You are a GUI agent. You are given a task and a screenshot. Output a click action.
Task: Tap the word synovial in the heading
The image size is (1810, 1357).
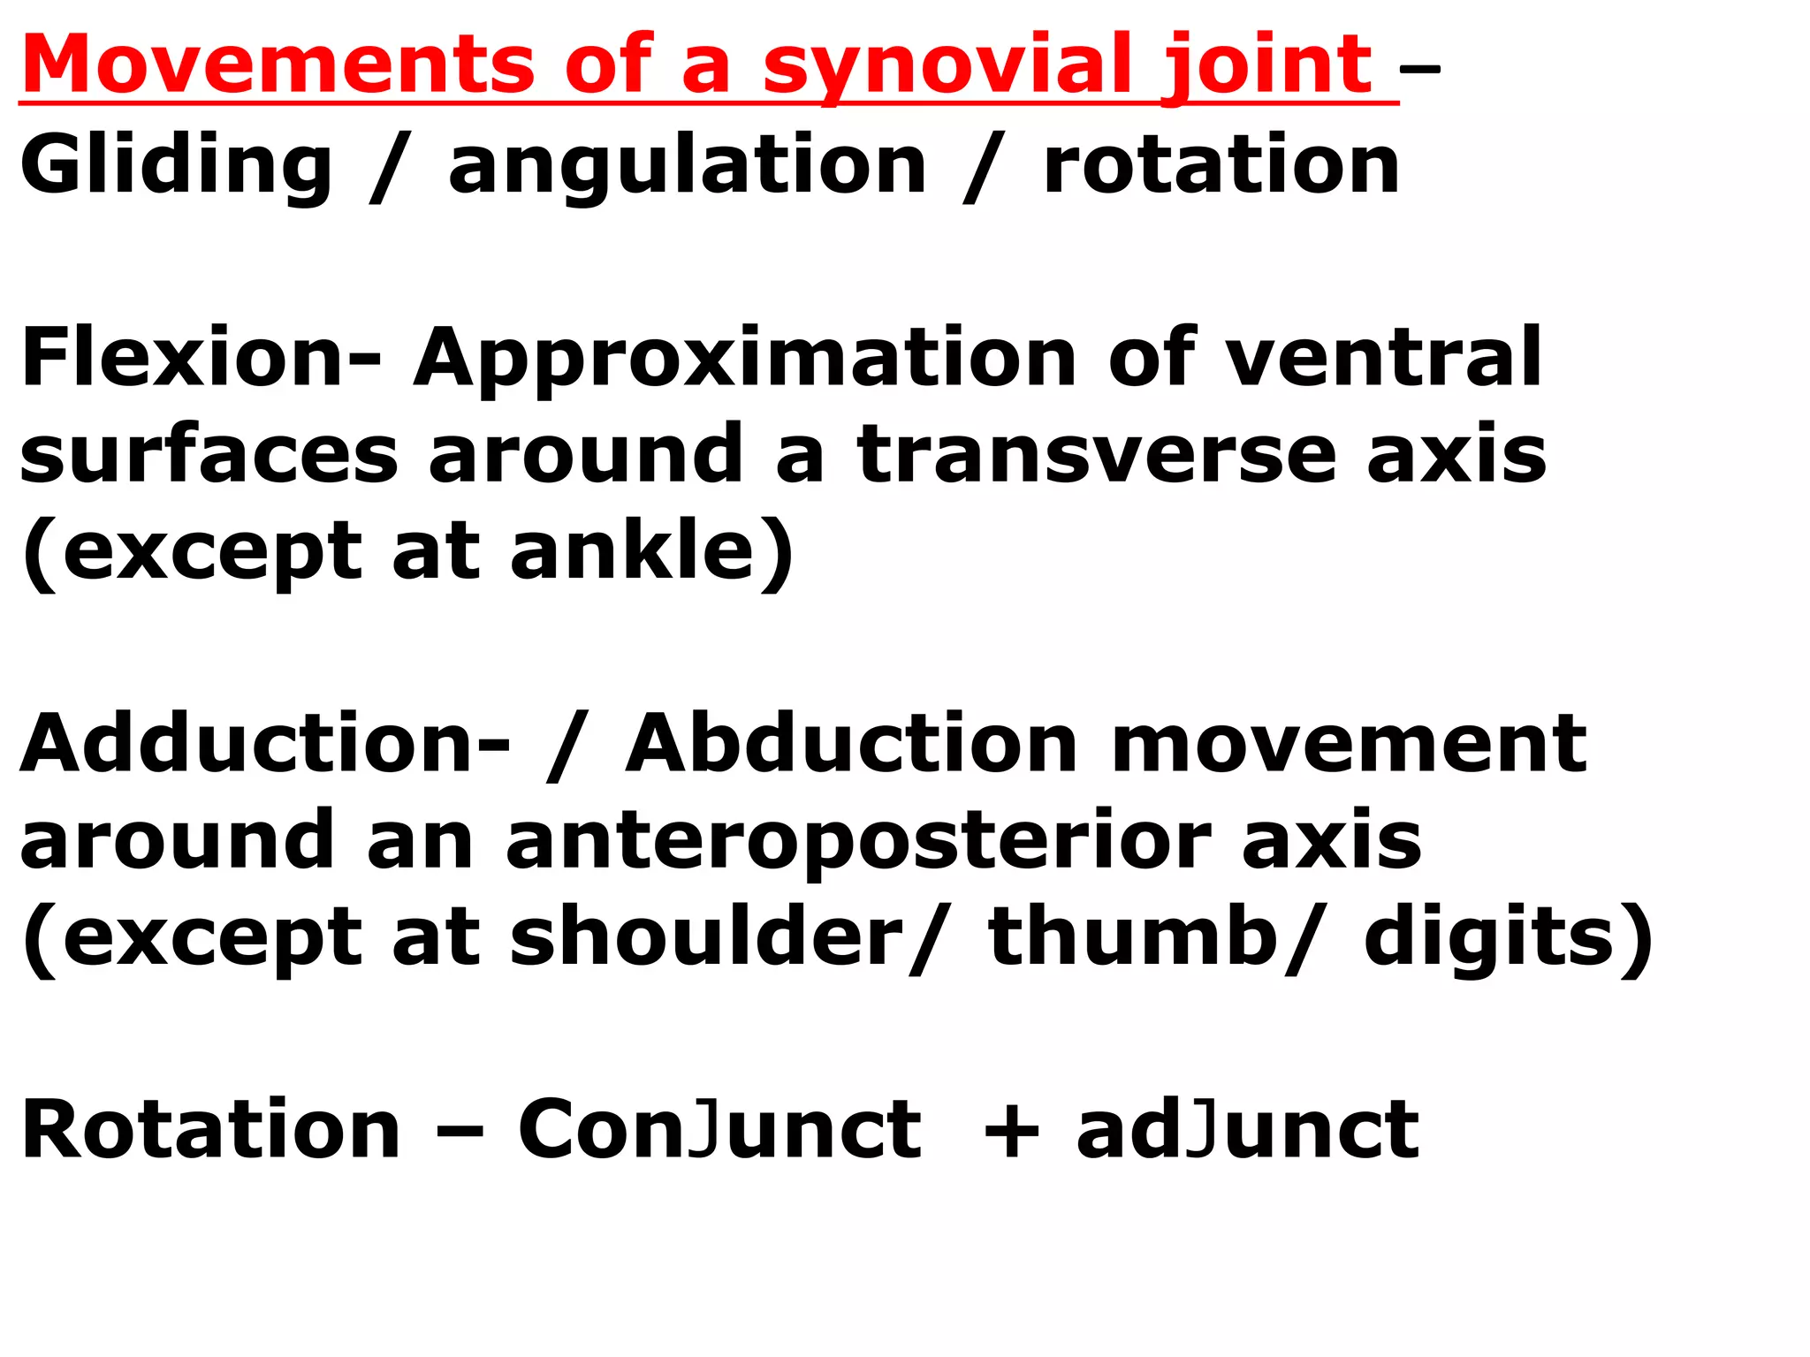point(947,66)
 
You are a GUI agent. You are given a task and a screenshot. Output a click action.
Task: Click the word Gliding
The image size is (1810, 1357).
point(176,165)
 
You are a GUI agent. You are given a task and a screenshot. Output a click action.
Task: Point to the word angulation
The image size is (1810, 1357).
point(688,165)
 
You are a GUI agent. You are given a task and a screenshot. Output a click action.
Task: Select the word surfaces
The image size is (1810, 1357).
point(209,454)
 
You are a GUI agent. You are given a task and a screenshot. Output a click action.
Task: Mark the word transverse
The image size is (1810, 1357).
point(1097,454)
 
